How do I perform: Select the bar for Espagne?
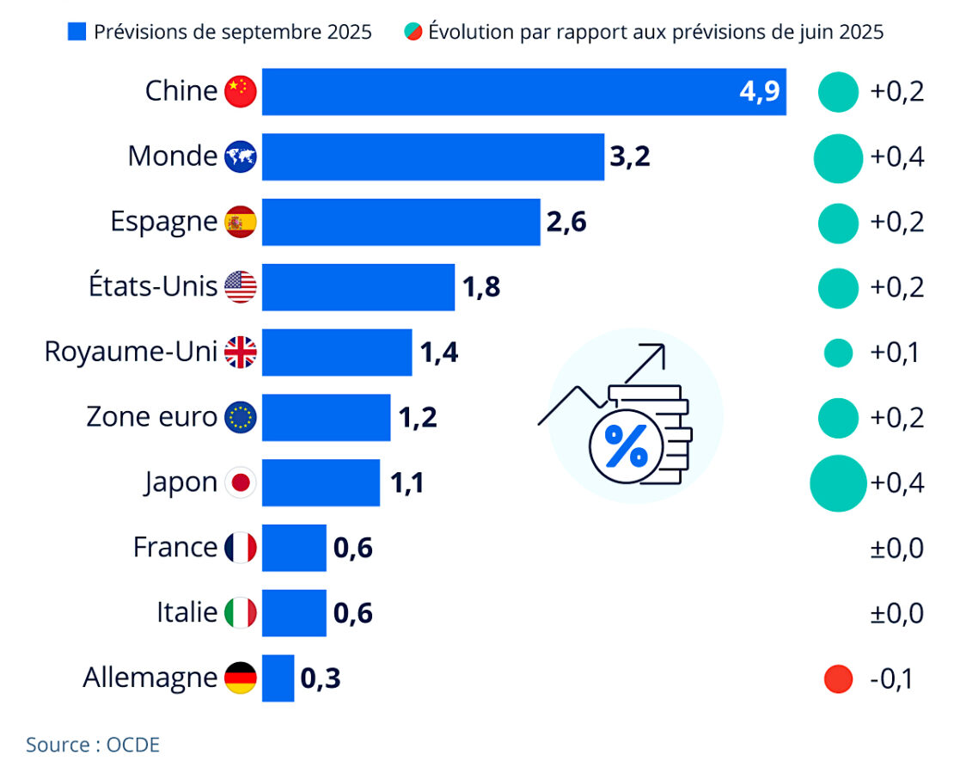click(x=401, y=222)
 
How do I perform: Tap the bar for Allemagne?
click(x=278, y=678)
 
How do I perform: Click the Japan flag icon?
click(x=241, y=482)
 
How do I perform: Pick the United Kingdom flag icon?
click(x=241, y=352)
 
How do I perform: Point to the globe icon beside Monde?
click(x=241, y=156)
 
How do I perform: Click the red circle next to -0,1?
click(x=837, y=678)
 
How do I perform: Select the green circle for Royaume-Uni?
click(x=837, y=352)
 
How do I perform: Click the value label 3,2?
click(x=630, y=157)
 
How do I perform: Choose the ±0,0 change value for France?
click(x=896, y=548)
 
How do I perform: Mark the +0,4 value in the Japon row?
click(x=896, y=482)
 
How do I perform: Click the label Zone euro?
click(x=152, y=417)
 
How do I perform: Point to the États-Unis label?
click(x=153, y=286)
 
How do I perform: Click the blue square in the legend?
click(x=76, y=33)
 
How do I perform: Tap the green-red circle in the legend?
click(x=413, y=33)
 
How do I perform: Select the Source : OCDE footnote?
click(x=93, y=744)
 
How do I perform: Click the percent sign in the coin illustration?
click(x=626, y=445)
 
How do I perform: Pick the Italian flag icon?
click(x=241, y=613)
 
